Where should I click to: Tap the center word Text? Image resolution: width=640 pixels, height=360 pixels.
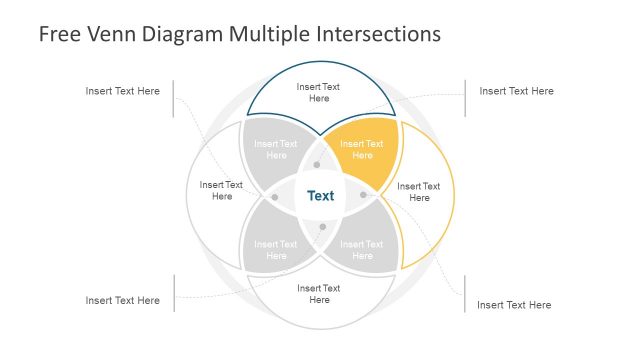coord(320,196)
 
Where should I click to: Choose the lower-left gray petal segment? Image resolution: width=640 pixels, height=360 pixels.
coord(275,249)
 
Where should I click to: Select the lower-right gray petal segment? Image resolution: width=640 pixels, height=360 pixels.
coord(362,249)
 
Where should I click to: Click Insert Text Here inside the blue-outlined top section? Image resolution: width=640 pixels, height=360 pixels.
coord(319,93)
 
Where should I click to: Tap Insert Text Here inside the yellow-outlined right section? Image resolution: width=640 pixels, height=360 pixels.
coord(419,192)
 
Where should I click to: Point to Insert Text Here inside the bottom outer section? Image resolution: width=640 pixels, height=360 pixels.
coord(319,294)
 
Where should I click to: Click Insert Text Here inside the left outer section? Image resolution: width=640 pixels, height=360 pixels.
coord(221,190)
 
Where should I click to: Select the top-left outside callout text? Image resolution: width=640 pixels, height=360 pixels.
coord(122,91)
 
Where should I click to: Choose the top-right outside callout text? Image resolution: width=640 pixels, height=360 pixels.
coord(516,91)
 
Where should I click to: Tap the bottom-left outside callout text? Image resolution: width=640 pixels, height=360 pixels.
coord(122,300)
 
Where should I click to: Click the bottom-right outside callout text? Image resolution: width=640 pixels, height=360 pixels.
coord(514,305)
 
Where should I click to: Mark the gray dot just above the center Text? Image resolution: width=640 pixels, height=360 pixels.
coord(317,164)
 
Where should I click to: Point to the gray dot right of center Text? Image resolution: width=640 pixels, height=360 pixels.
coord(363,194)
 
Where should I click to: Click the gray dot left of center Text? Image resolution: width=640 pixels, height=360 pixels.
coord(275,196)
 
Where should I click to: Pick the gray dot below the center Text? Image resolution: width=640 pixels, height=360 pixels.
coord(322,226)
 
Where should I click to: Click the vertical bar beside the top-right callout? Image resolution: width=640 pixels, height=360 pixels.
coord(465,98)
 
